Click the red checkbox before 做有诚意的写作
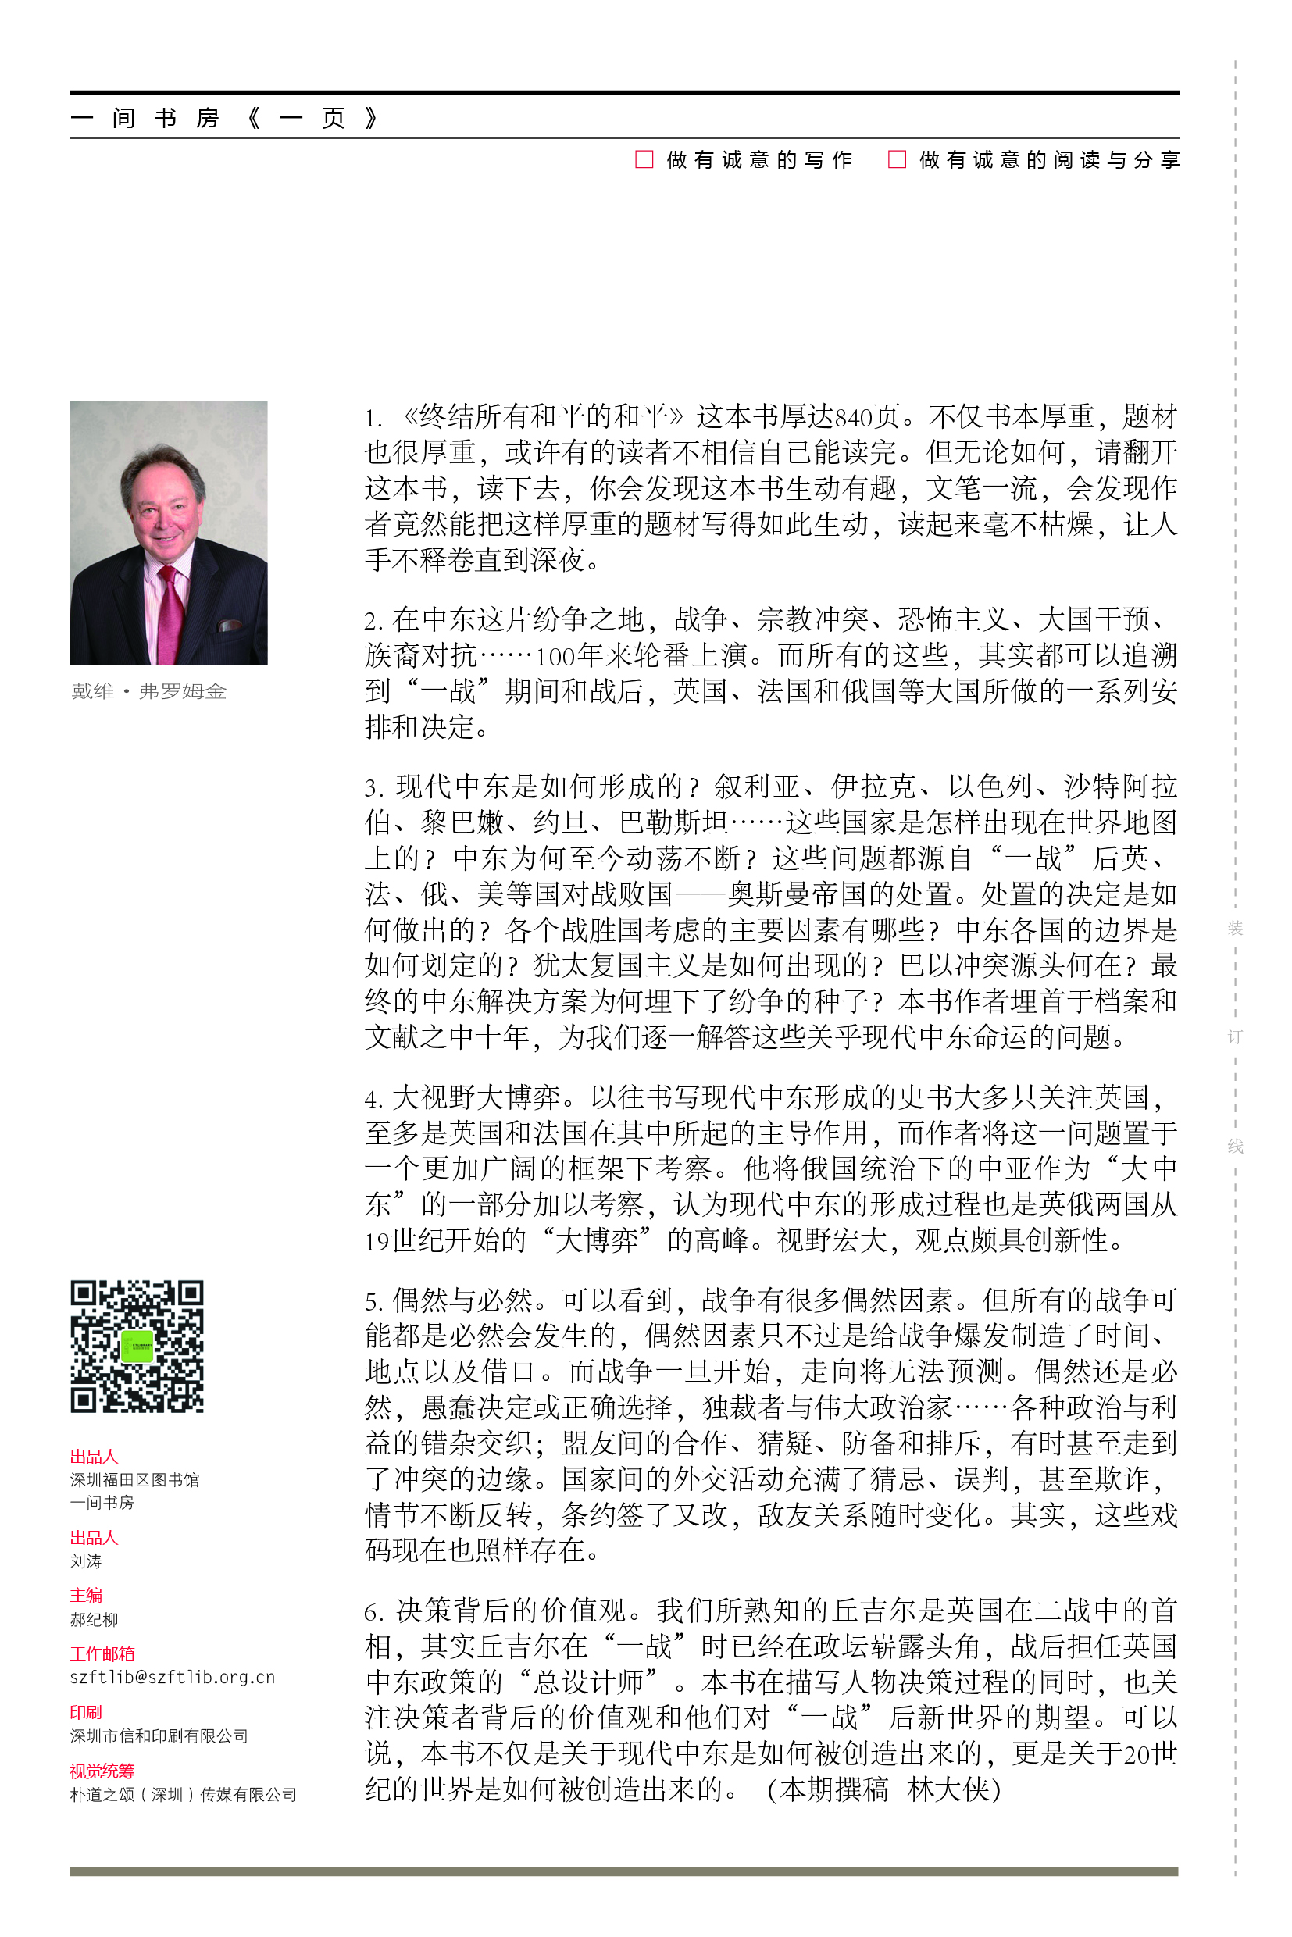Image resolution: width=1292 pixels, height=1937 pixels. click(x=644, y=159)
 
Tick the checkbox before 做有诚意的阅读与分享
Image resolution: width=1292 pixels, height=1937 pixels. click(x=897, y=159)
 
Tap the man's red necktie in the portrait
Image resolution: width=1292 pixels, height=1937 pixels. click(x=171, y=614)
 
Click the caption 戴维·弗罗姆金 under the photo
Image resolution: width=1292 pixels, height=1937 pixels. click(x=148, y=691)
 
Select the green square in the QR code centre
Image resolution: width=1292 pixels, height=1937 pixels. click(x=137, y=1347)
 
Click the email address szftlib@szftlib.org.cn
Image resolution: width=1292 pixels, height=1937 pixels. click(x=172, y=1678)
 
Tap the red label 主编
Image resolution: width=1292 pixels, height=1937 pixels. click(x=86, y=1595)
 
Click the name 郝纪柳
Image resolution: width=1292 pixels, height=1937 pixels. click(x=94, y=1620)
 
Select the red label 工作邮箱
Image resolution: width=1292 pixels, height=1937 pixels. click(x=102, y=1653)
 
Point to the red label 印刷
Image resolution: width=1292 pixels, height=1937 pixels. click(x=86, y=1712)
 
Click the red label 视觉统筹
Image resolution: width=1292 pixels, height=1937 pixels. click(x=102, y=1771)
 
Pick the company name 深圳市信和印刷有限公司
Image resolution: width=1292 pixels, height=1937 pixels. click(x=159, y=1736)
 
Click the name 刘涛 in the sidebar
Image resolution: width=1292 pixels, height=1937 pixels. click(x=86, y=1561)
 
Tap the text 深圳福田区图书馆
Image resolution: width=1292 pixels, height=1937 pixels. click(x=134, y=1480)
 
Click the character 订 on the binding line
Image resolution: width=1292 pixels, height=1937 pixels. click(x=1234, y=1036)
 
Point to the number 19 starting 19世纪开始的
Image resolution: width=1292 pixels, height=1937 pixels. click(x=377, y=1241)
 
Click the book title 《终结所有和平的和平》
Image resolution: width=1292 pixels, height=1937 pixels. click(x=544, y=417)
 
